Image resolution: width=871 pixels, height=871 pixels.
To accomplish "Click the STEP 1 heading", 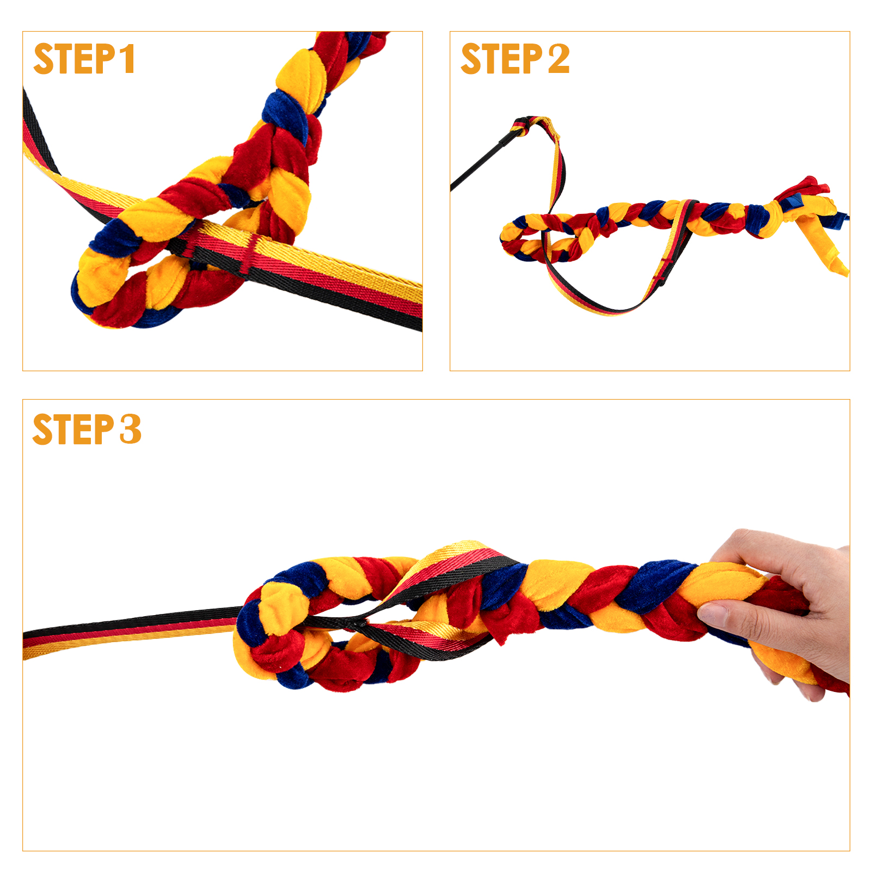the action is click(84, 59).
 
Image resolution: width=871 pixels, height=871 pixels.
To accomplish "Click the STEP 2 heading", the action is click(515, 59).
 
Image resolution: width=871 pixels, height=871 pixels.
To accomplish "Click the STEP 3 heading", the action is click(87, 430).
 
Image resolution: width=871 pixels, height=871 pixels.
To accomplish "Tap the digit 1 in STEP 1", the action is click(127, 59).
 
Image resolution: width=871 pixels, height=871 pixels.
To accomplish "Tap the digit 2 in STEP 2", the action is click(559, 59).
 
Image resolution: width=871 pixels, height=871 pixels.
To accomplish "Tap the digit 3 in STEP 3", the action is click(131, 430).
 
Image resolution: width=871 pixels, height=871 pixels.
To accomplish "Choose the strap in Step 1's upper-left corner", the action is click(41, 142).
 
